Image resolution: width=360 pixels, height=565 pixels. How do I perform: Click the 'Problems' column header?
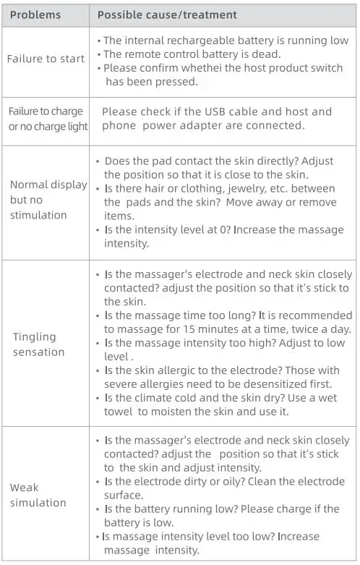(35, 14)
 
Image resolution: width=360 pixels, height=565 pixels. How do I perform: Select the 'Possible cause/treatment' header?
(167, 14)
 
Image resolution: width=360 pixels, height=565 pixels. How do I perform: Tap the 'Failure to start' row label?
(46, 59)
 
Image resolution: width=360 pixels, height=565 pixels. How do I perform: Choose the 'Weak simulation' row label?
(38, 495)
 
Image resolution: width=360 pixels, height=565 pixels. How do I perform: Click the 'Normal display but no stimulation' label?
(48, 200)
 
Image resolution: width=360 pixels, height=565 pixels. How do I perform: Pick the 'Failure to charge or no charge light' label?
(48, 119)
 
